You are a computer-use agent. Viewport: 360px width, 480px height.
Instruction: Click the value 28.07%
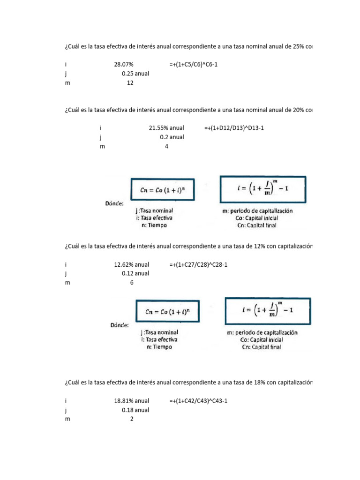click(124, 65)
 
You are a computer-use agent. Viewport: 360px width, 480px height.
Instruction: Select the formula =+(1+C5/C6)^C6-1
click(194, 65)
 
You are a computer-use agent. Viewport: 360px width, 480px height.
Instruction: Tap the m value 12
click(130, 83)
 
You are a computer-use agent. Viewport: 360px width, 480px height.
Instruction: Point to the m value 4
click(166, 146)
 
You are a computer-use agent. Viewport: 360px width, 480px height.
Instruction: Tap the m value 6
click(132, 283)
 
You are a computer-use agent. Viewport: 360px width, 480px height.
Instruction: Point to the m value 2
click(132, 419)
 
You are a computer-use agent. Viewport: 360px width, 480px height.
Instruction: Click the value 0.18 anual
click(135, 410)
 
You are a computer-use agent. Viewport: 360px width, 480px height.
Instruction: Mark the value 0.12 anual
click(135, 274)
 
